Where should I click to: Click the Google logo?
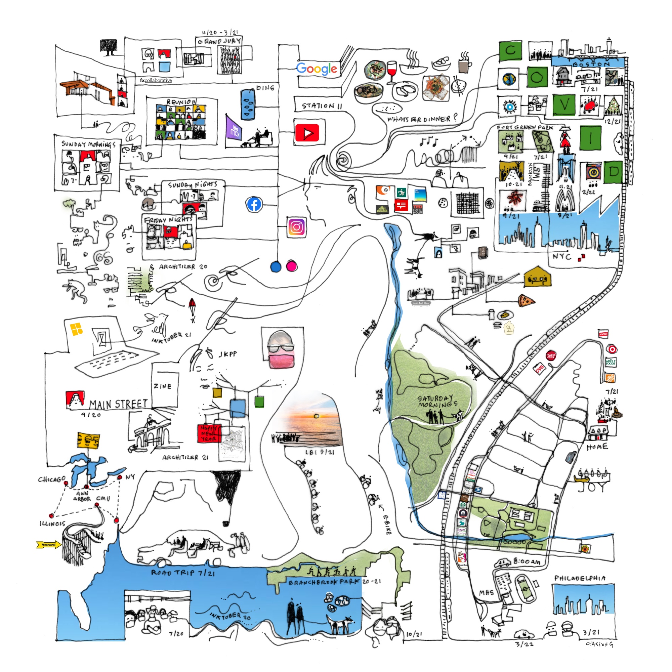click(x=317, y=69)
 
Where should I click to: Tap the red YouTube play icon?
click(x=307, y=133)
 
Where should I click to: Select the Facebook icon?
click(x=254, y=205)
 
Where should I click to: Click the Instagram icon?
click(x=296, y=227)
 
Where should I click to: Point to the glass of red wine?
click(x=392, y=71)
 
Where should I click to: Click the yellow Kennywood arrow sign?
click(x=49, y=544)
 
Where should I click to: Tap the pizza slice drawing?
click(x=526, y=300)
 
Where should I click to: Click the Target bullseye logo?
click(x=611, y=349)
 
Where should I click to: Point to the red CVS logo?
click(x=540, y=369)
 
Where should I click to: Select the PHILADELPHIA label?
click(x=580, y=578)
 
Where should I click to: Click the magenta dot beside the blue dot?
click(x=291, y=266)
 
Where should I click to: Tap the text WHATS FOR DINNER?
click(x=422, y=119)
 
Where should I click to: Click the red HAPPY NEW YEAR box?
click(x=209, y=433)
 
